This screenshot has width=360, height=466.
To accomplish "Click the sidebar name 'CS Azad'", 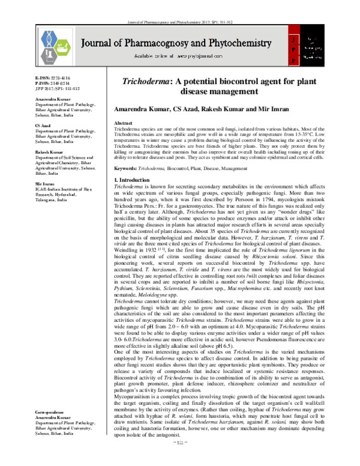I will click(42, 126).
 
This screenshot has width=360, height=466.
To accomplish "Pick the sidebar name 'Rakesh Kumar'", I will click(46, 153).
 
